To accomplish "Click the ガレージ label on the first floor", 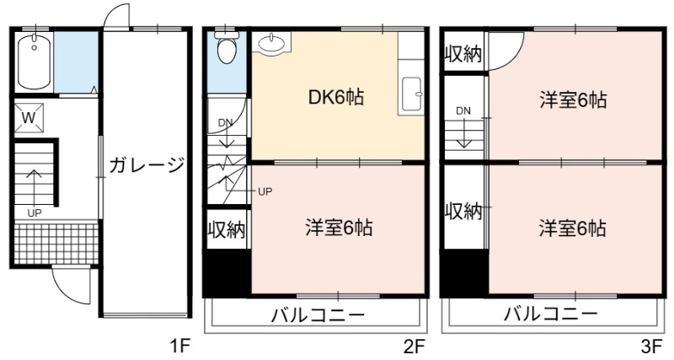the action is [x=147, y=164].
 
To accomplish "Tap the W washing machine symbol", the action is [x=29, y=118].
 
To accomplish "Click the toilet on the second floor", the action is [x=227, y=47].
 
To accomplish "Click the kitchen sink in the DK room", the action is [x=411, y=95].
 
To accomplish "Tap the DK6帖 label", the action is [x=336, y=98].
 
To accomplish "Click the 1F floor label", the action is [x=179, y=346].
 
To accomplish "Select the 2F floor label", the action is [x=415, y=346].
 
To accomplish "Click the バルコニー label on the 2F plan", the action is [x=318, y=315].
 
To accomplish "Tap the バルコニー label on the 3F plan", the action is [x=551, y=314].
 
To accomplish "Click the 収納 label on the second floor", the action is [x=227, y=229].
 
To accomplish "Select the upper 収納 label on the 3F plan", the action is [x=463, y=54].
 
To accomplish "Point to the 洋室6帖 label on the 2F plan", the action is [x=340, y=228].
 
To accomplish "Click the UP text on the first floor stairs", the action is [x=35, y=213].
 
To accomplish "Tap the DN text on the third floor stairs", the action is [x=463, y=111].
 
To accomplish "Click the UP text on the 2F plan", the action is [x=265, y=192].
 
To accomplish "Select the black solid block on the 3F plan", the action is [x=465, y=272].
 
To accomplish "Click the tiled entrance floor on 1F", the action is [x=56, y=243].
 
